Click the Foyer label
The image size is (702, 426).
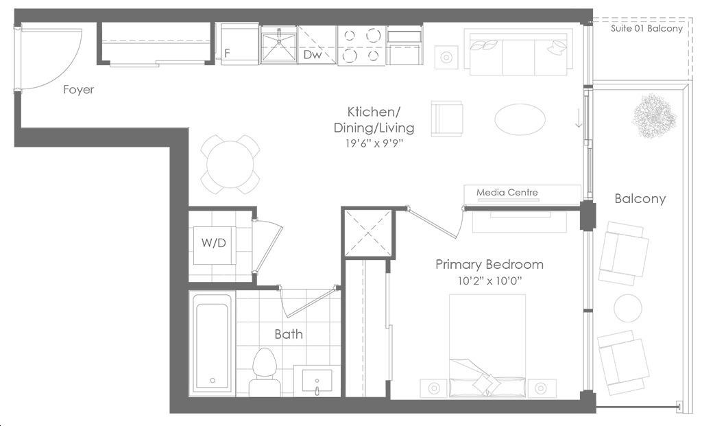[x=78, y=90]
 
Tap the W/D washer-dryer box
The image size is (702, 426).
[x=214, y=246]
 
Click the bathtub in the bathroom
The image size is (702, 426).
[x=213, y=344]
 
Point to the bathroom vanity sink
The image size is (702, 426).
[x=317, y=381]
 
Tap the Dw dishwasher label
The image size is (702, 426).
[x=313, y=55]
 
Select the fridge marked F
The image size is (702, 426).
[x=237, y=44]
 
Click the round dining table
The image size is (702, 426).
[x=230, y=165]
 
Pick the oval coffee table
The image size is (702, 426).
[x=520, y=119]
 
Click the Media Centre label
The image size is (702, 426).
[x=507, y=192]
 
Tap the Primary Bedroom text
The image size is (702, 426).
[x=489, y=264]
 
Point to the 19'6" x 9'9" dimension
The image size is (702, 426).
[x=374, y=144]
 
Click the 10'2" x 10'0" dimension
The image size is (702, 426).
[x=489, y=281]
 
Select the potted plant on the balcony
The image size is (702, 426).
[x=653, y=116]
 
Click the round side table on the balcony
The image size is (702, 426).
[x=628, y=308]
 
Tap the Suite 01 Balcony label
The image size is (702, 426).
[x=646, y=29]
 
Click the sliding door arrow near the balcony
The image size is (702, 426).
[x=579, y=117]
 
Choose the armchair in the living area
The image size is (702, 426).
[x=446, y=119]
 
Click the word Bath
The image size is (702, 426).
[x=289, y=334]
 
